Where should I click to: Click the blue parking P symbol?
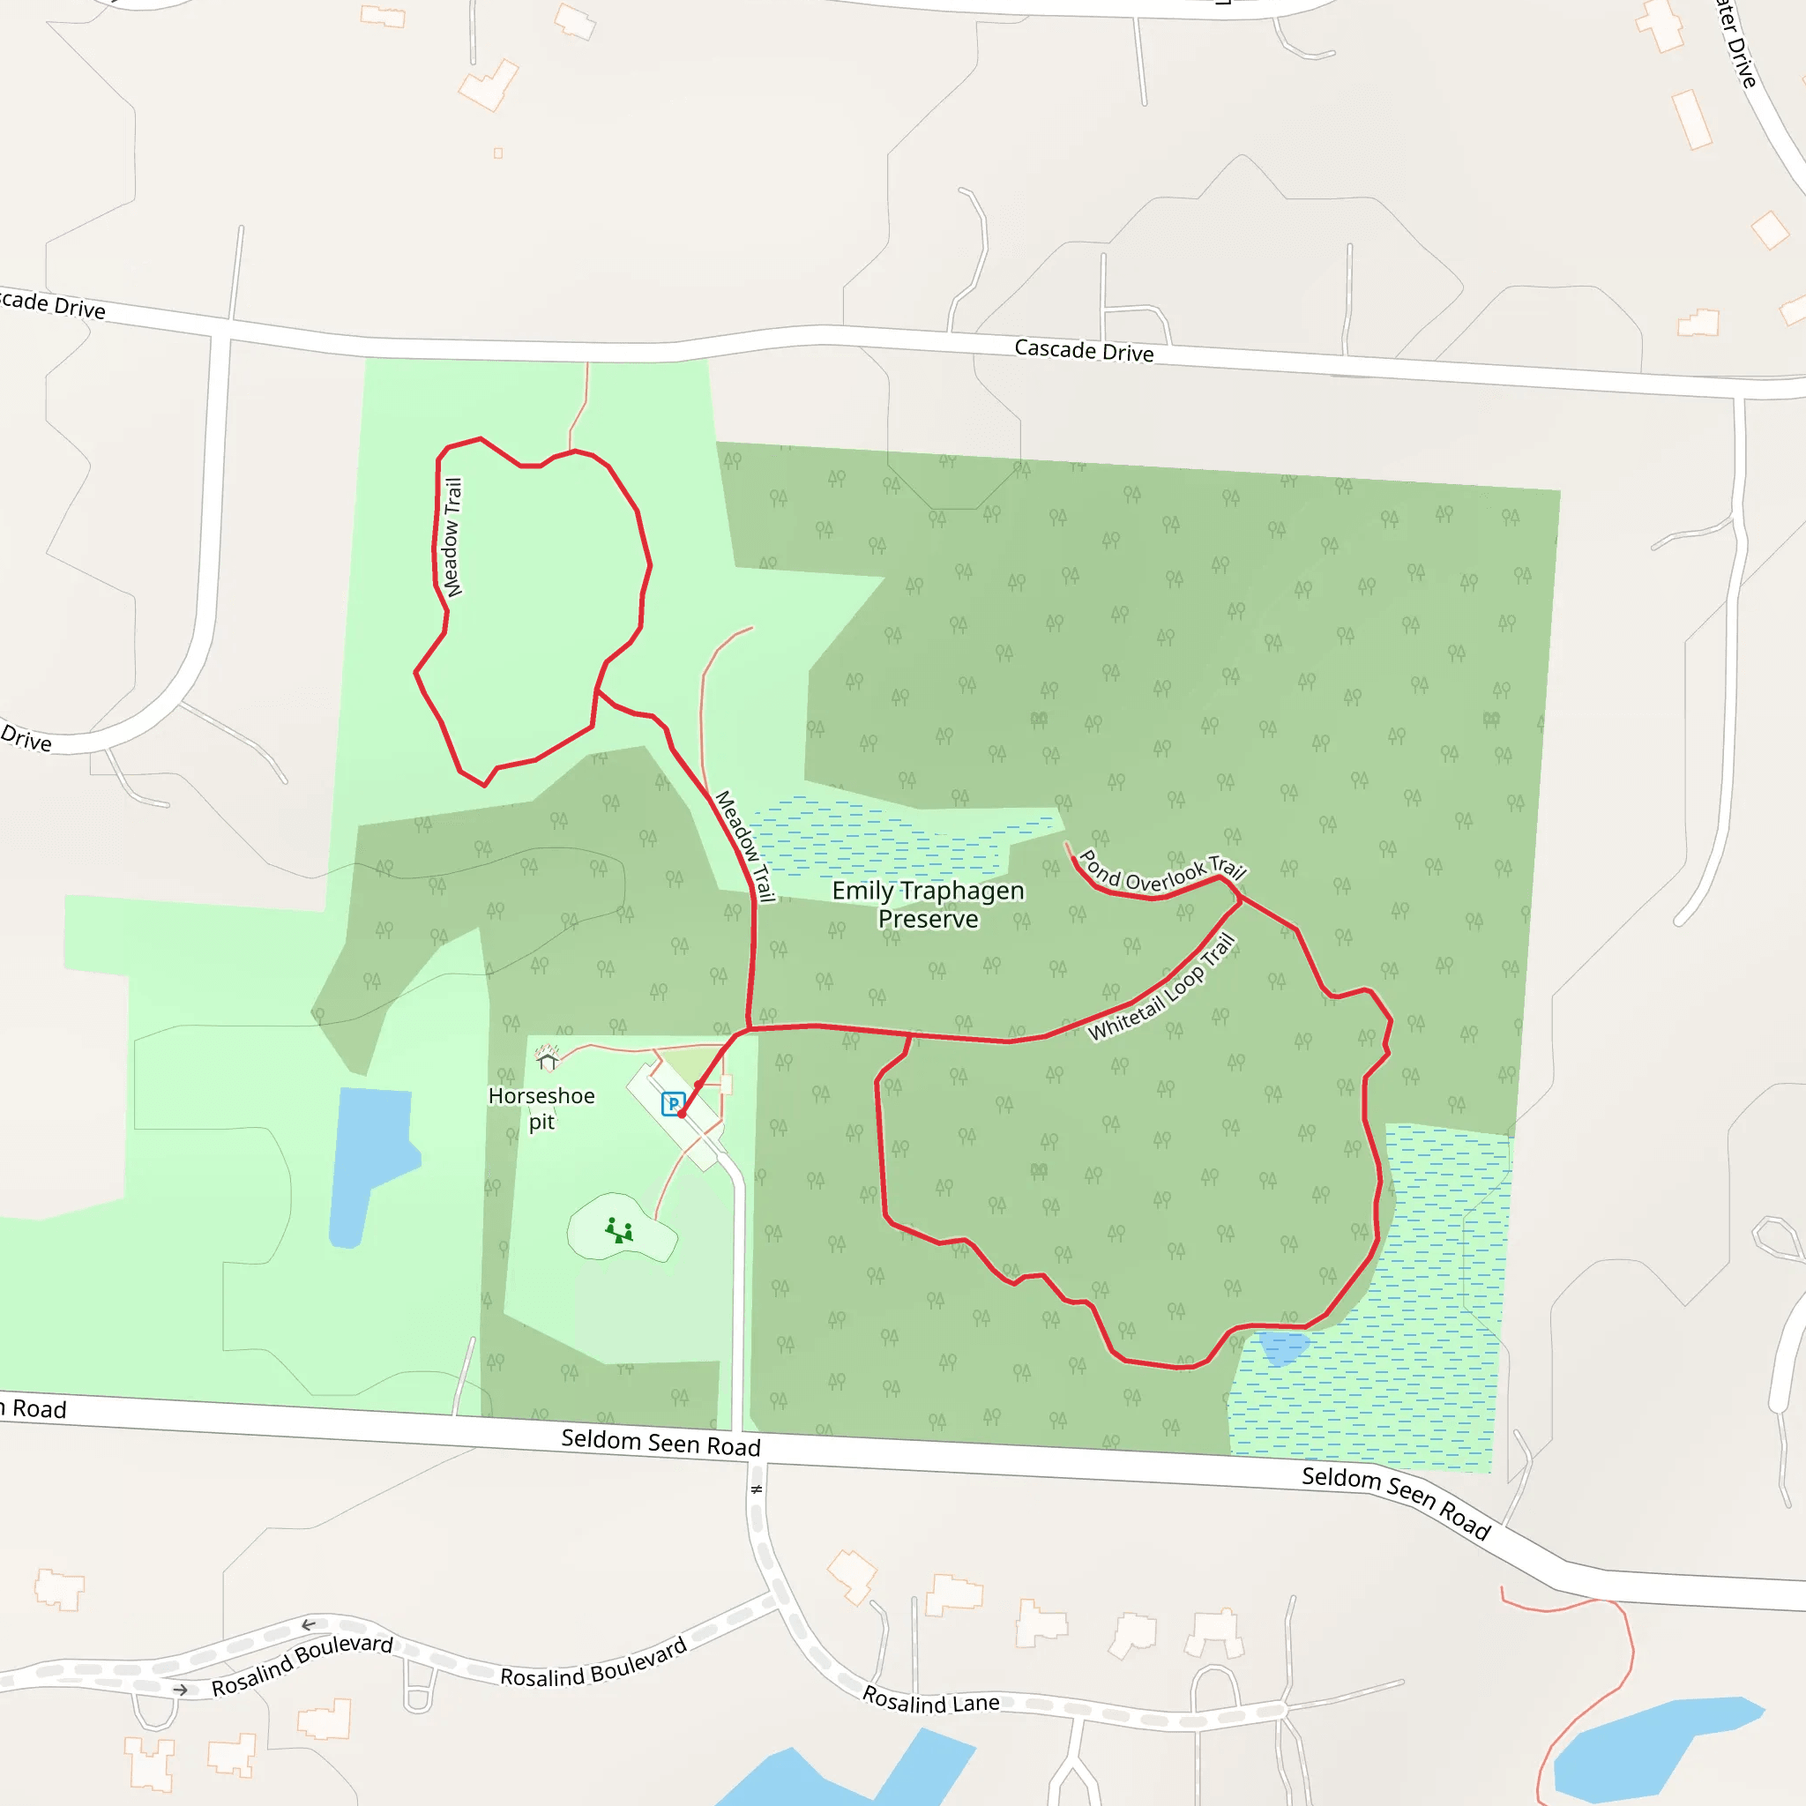point(673,1104)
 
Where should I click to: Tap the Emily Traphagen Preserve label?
point(928,905)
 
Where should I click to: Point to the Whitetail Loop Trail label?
point(1163,988)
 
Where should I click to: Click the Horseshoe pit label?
point(541,1108)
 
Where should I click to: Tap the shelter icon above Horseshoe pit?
point(547,1059)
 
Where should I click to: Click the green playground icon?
point(619,1230)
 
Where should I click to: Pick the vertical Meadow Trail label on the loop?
point(452,538)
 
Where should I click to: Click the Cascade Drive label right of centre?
point(1084,352)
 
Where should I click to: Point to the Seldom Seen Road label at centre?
point(660,1444)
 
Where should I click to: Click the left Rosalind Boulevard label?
point(302,1665)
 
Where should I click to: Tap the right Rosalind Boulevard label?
point(593,1662)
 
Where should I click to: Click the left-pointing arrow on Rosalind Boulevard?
point(309,1624)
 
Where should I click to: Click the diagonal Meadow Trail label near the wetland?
point(745,847)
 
